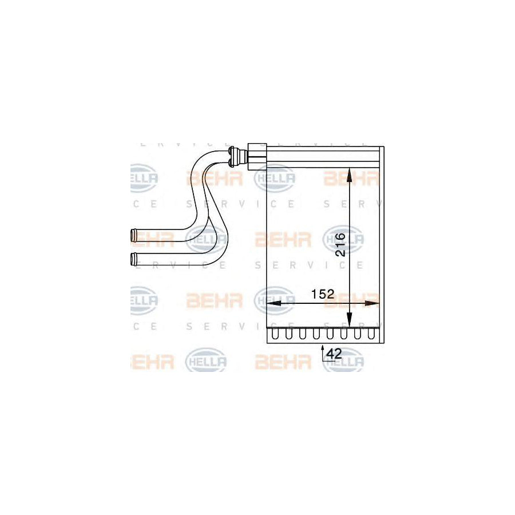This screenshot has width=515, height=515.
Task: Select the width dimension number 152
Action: click(x=322, y=294)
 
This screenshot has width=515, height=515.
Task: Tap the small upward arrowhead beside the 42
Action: click(x=323, y=347)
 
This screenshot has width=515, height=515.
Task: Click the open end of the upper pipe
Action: click(x=133, y=234)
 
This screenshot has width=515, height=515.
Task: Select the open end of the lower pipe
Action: click(x=133, y=259)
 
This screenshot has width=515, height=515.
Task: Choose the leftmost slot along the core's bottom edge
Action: click(x=276, y=334)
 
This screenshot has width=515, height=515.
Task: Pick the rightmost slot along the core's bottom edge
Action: click(x=373, y=334)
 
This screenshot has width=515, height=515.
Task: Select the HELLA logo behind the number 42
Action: click(x=343, y=360)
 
